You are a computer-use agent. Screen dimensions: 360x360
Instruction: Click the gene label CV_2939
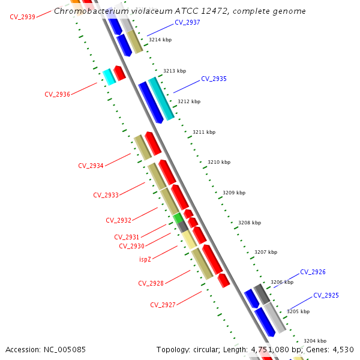22,17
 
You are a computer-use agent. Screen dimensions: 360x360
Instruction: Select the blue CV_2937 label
187,22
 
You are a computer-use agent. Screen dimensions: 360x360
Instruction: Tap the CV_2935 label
214,79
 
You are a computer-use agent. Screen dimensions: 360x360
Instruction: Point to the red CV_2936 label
57,94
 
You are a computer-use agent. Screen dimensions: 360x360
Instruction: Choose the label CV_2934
91,166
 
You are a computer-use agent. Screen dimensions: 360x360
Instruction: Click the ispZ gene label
145,259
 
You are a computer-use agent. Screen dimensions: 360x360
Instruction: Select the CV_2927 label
163,305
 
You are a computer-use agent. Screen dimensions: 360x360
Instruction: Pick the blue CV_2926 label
313,272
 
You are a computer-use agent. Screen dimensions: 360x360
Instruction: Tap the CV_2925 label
326,295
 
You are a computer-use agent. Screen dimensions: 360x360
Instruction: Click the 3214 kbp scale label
160,40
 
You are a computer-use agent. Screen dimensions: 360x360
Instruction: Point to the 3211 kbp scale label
204,132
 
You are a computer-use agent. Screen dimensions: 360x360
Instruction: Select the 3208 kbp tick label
250,223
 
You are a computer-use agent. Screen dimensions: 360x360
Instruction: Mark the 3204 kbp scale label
315,341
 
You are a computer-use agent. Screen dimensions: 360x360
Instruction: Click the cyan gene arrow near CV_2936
109,76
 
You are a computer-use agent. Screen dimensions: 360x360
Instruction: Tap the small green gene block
178,217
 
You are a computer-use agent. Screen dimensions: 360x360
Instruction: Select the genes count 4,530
343,349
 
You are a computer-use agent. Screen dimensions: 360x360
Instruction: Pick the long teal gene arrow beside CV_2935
161,98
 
